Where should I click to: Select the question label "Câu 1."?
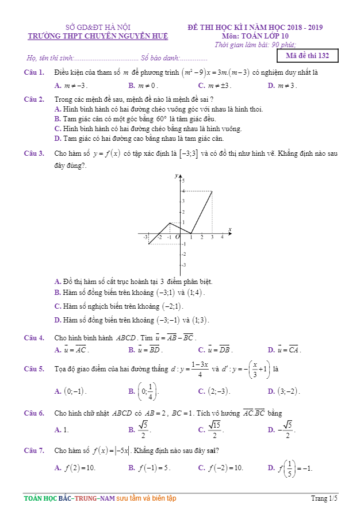tap(34, 72)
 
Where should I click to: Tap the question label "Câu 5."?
tap(34, 368)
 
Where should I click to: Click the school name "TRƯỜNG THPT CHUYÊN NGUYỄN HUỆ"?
tap(98, 36)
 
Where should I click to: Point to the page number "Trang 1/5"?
tap(324, 498)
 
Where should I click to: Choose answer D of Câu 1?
tap(282, 86)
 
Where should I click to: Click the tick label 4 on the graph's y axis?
tap(183, 190)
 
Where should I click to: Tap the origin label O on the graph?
tap(177, 237)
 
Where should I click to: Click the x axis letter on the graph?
tap(229, 230)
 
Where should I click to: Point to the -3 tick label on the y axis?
tap(183, 265)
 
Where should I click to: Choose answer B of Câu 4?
tap(146, 349)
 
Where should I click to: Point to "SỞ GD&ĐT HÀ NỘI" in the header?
tap(98, 27)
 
